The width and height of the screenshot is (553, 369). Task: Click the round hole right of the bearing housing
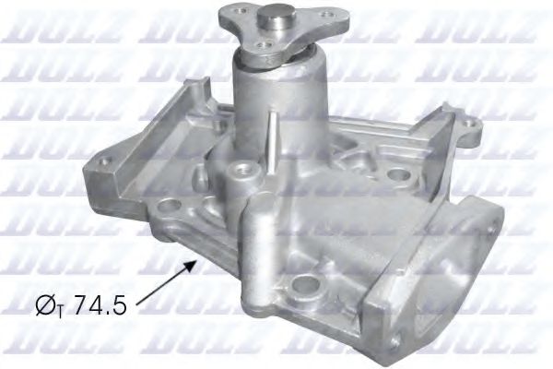pos(397,173)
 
